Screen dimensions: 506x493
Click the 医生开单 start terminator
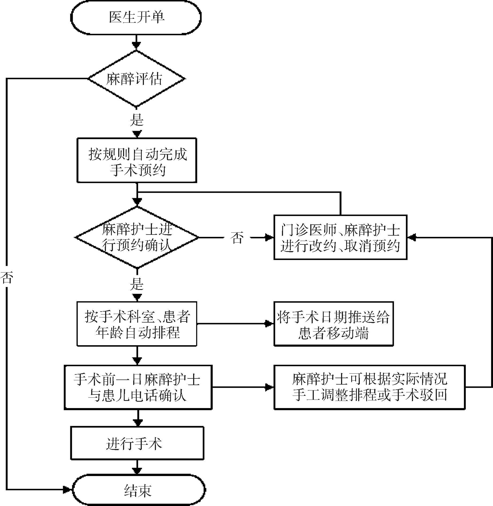(x=136, y=17)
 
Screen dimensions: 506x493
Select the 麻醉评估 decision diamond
(x=136, y=79)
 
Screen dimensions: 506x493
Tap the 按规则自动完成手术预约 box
(x=137, y=160)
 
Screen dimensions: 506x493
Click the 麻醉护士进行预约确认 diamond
(x=137, y=237)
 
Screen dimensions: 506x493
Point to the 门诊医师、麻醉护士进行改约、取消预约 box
(x=340, y=237)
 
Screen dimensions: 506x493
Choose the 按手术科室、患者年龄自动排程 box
(x=137, y=324)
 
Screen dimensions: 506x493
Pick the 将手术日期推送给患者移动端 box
(x=334, y=324)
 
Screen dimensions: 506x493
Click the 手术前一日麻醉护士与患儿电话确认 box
(x=138, y=387)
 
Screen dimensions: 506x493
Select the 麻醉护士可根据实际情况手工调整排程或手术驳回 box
(x=370, y=387)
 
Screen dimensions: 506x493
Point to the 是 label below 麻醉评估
(x=137, y=120)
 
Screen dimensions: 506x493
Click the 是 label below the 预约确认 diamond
(x=137, y=284)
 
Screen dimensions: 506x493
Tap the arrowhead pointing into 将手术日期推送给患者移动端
(x=269, y=324)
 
